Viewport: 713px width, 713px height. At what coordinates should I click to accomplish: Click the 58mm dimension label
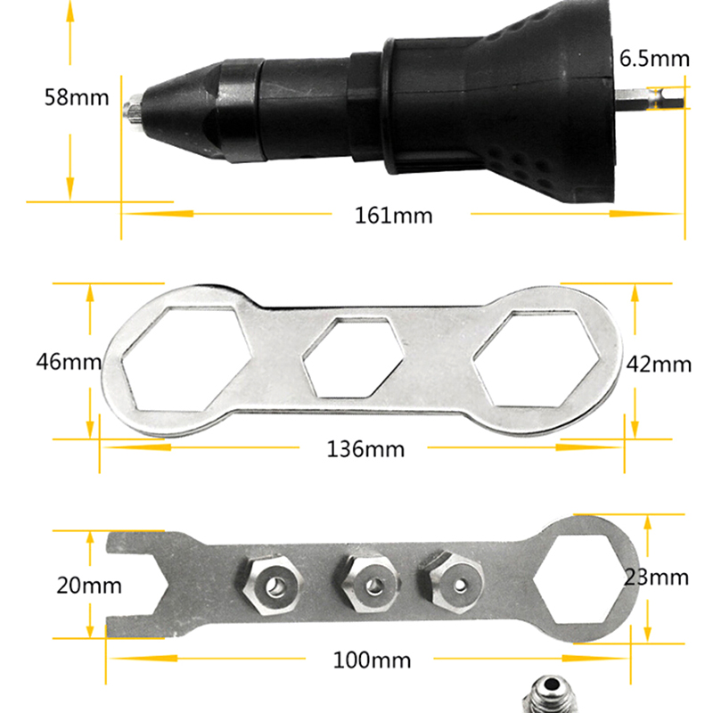click(77, 98)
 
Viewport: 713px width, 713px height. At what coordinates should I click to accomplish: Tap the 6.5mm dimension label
click(654, 59)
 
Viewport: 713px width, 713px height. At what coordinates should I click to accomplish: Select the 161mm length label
click(393, 216)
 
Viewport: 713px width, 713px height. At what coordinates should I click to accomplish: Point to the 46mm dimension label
click(69, 362)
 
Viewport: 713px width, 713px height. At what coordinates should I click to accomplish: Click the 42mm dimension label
click(659, 365)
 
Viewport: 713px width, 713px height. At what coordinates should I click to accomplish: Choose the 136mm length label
click(365, 449)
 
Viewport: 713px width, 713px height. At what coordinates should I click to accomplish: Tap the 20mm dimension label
click(89, 586)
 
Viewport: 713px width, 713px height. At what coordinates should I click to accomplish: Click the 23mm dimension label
click(656, 578)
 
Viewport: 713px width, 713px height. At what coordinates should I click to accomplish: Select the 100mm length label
click(372, 660)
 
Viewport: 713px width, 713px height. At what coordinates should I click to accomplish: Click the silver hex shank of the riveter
click(650, 99)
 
